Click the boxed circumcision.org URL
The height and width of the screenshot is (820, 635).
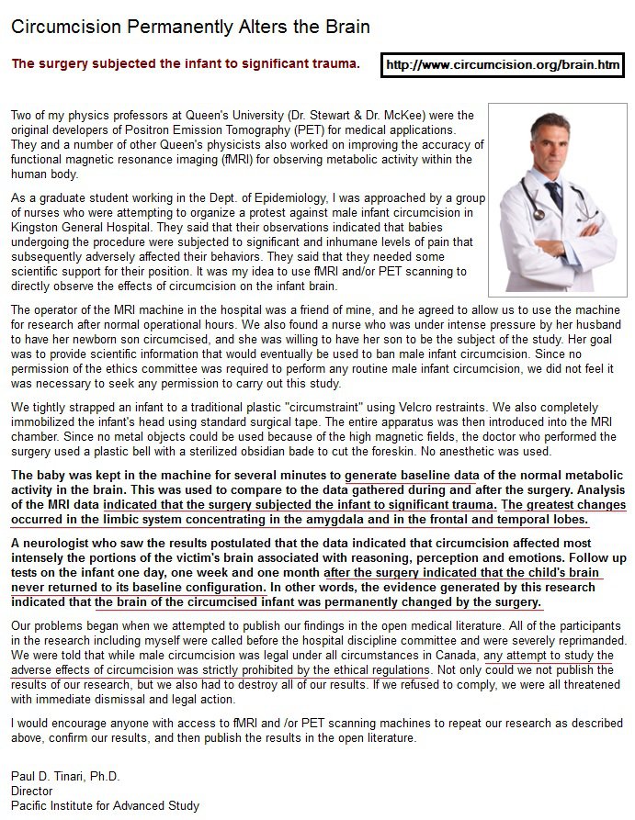tap(503, 65)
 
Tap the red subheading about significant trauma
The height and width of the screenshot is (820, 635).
tap(185, 64)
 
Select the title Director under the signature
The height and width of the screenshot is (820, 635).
tap(32, 791)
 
